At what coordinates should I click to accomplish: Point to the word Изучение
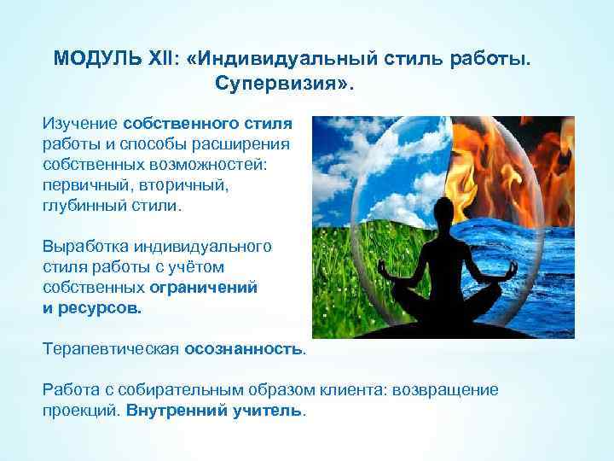pyautogui.click(x=80, y=125)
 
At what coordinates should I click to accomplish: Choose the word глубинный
pyautogui.click(x=82, y=205)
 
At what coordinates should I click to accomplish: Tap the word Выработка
pyautogui.click(x=85, y=247)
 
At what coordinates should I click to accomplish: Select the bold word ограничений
pyautogui.click(x=209, y=288)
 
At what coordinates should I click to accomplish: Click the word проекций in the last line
pyautogui.click(x=81, y=409)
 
